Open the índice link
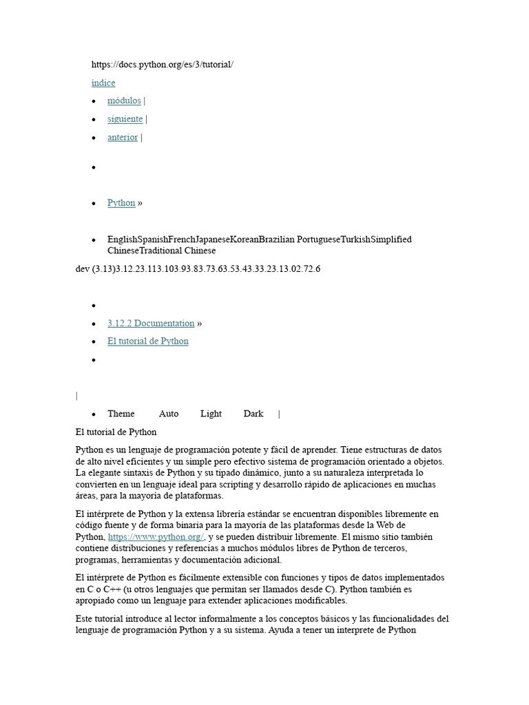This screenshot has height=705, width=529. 103,83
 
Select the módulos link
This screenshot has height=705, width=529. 124,101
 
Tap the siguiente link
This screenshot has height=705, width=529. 125,119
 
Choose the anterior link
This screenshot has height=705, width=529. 123,138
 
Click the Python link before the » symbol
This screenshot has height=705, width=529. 121,203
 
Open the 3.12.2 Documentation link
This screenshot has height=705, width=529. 151,324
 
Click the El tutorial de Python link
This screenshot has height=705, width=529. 147,341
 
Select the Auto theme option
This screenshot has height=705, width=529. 169,414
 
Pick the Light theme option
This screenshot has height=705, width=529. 211,414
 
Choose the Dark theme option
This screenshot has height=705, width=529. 253,414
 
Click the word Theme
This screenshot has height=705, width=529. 121,414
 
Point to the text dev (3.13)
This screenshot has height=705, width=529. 95,269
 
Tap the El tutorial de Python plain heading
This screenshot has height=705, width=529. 116,432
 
